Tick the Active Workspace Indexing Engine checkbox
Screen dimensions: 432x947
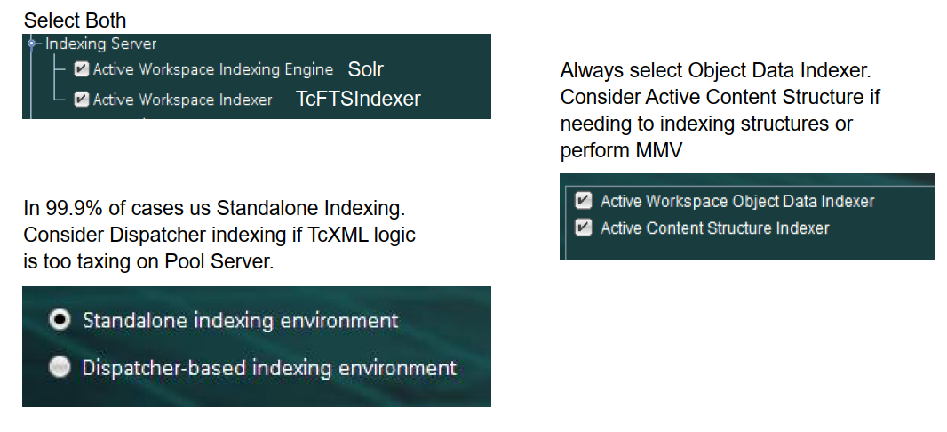(x=82, y=69)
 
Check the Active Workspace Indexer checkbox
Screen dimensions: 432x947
(x=82, y=100)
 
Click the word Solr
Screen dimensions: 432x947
(x=366, y=69)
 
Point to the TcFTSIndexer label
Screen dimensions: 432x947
(x=358, y=100)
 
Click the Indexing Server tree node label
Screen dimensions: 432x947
(x=100, y=43)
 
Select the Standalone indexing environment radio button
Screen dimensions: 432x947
(x=60, y=321)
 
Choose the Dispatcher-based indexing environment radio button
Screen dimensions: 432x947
(x=60, y=368)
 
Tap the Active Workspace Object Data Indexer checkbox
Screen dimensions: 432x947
(x=584, y=201)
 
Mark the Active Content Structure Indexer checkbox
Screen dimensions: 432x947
(x=584, y=228)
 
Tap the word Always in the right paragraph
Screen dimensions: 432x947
(x=588, y=70)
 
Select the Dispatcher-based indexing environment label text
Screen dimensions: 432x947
(x=269, y=368)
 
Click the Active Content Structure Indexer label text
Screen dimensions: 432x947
(x=714, y=228)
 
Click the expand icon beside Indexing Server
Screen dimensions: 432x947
(x=32, y=43)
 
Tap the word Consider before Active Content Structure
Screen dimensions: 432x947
(x=595, y=97)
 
